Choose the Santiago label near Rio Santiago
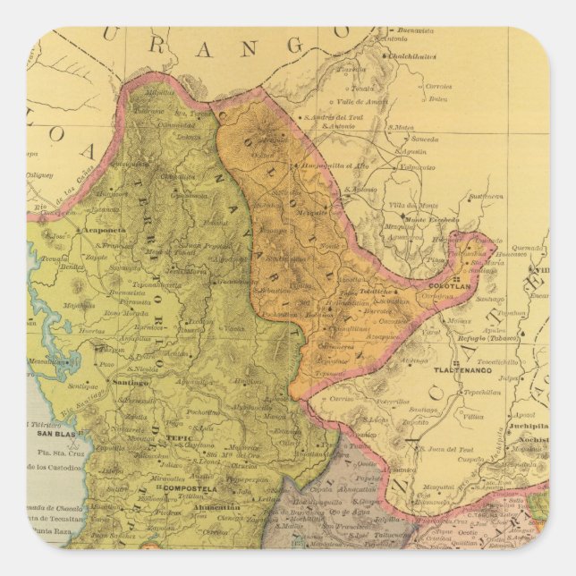pos(124,383)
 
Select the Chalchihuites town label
pos(411,55)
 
